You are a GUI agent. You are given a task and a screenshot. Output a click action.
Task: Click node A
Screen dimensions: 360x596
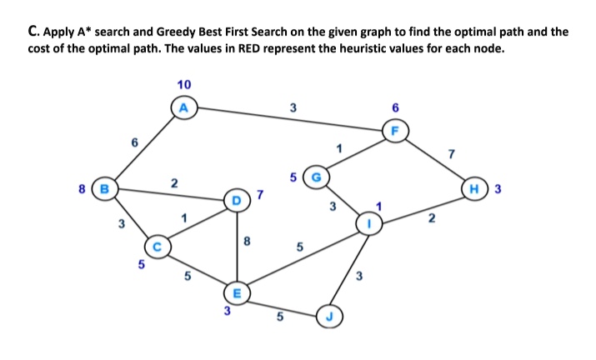coord(184,107)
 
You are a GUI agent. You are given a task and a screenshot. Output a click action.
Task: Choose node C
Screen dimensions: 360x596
coord(158,247)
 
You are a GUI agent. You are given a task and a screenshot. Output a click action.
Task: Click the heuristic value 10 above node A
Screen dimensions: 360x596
coord(184,84)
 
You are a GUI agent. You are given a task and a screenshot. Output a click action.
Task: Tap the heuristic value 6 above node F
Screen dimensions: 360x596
coord(394,107)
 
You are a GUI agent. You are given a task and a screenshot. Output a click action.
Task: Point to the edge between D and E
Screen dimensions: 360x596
coord(238,246)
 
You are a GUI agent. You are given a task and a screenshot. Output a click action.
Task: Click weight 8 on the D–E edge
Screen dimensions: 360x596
coord(248,242)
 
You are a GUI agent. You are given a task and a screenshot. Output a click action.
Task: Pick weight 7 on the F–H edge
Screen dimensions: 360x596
coord(451,153)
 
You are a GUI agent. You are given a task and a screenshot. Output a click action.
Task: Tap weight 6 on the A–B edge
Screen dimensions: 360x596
coord(132,143)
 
